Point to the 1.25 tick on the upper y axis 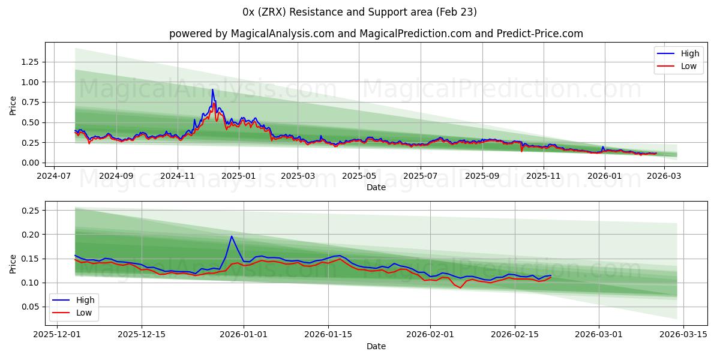[30, 62]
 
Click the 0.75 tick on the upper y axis [30, 102]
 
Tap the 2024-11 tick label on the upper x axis [178, 177]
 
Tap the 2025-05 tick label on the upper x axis [359, 177]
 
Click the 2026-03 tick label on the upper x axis [664, 177]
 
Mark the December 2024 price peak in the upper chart [212, 90]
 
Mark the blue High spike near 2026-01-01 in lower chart [232, 236]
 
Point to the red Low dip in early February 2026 [460, 287]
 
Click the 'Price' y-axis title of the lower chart [13, 263]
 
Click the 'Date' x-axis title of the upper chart [376, 188]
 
